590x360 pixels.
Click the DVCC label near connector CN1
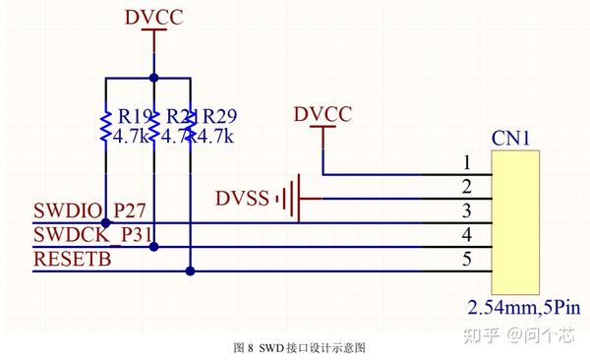point(323,115)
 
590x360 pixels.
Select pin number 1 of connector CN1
point(468,162)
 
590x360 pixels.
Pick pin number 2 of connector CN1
point(468,187)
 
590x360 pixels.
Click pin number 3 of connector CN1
point(468,210)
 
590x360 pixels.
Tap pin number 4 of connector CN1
point(468,235)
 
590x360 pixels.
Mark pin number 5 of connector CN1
point(468,260)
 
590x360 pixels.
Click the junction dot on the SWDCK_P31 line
point(152,247)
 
